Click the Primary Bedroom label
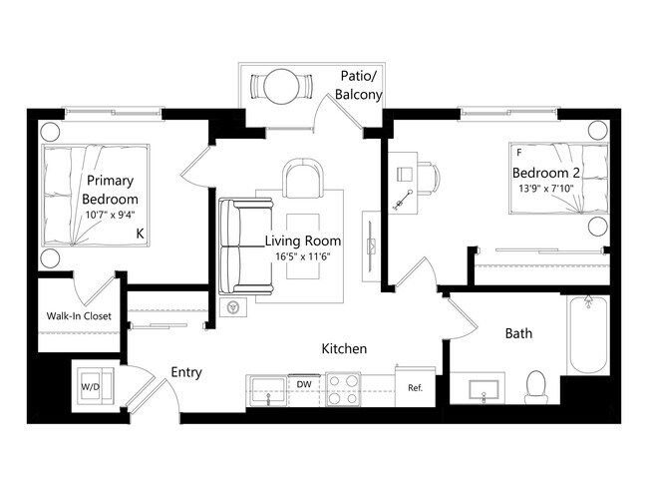(110, 190)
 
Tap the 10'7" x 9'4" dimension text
(110, 213)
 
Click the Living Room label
(303, 242)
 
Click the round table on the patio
(278, 88)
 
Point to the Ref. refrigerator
(415, 386)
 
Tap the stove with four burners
(344, 386)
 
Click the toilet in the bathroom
(537, 384)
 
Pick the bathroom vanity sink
(484, 386)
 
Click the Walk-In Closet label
(79, 316)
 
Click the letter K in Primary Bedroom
(141, 234)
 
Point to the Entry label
(186, 372)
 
